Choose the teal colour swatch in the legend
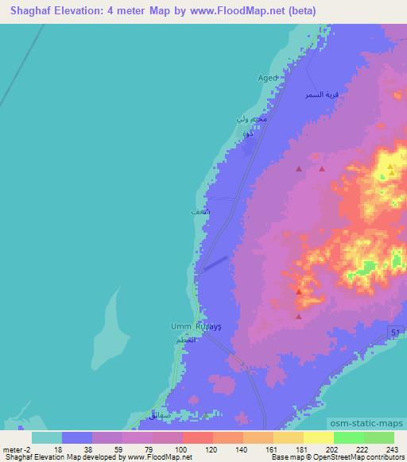tap(46, 437)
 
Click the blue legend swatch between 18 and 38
tap(76, 437)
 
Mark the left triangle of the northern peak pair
tap(299, 168)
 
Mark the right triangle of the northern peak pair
tap(321, 168)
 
